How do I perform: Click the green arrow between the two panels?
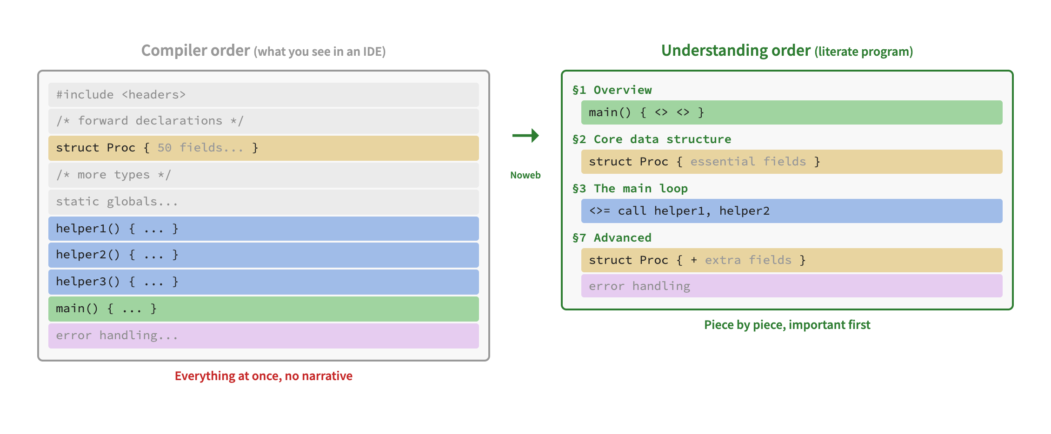[525, 135]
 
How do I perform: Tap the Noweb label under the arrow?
[525, 175]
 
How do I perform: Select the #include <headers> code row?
[263, 95]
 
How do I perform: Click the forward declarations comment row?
[263, 121]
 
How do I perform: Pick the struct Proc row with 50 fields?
[263, 148]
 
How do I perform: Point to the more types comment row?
[263, 175]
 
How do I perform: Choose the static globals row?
[263, 202]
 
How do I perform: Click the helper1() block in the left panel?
[263, 229]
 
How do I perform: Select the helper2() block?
[263, 255]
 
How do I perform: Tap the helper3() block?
[263, 282]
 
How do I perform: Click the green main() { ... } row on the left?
[263, 309]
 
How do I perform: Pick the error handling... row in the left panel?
[263, 335]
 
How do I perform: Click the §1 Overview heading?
[612, 90]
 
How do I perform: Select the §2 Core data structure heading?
[652, 139]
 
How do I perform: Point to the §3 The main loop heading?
[630, 189]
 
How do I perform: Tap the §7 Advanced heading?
[612, 238]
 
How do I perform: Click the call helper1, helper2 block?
[792, 211]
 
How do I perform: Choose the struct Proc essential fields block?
[792, 162]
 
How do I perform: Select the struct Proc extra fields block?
[792, 260]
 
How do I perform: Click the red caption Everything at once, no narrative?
[263, 376]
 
